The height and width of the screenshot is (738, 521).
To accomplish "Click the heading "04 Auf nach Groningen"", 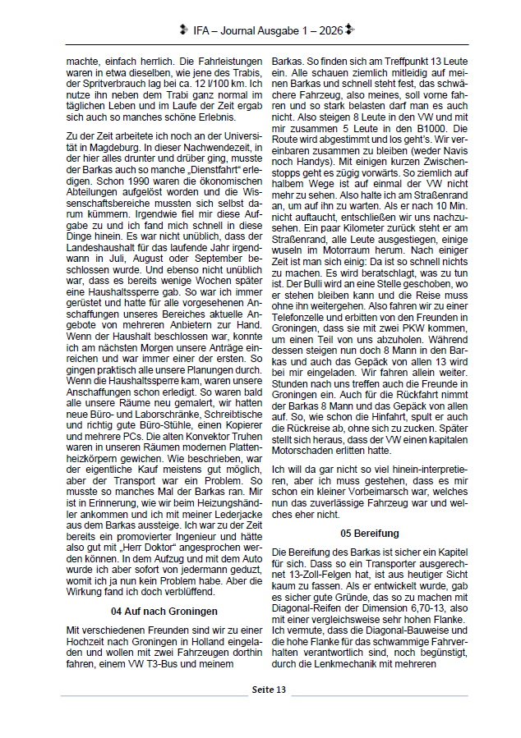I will tap(164, 589).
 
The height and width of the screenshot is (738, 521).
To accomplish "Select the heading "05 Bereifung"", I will tap(370, 533).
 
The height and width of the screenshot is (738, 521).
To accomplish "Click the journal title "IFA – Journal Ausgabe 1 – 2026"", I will tap(267, 30).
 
